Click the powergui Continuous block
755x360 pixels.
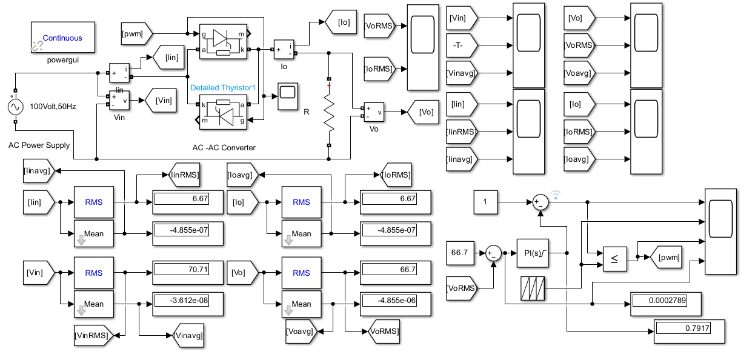(x=62, y=38)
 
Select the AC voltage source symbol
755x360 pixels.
(x=16, y=107)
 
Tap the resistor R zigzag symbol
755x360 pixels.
(x=329, y=112)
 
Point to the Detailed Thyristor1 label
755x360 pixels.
(x=223, y=88)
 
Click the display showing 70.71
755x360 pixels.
(x=188, y=273)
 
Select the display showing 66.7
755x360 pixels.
(x=395, y=273)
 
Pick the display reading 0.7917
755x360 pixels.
(x=690, y=332)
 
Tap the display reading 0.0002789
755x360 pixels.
(x=666, y=304)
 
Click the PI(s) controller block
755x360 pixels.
(x=533, y=253)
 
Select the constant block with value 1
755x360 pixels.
(x=485, y=202)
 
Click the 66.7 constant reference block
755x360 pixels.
(x=460, y=253)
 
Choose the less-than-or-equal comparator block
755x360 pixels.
(x=615, y=259)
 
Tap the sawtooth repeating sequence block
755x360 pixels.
(x=533, y=288)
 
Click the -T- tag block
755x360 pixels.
(x=462, y=45)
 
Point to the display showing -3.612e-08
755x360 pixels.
(x=188, y=304)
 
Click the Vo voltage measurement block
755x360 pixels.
(x=374, y=112)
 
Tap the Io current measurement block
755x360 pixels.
(x=284, y=50)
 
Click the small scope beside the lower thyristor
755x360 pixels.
(x=288, y=96)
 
